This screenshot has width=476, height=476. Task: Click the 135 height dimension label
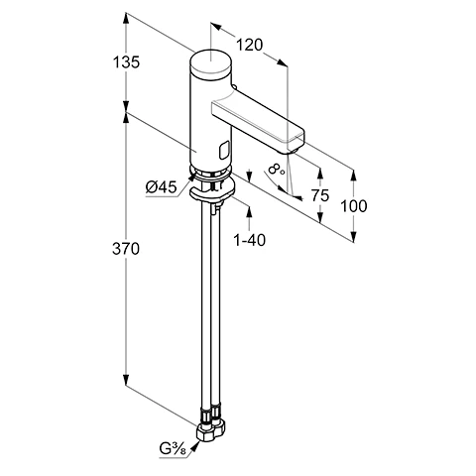pyautogui.click(x=126, y=62)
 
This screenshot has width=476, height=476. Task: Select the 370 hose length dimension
pyautogui.click(x=126, y=249)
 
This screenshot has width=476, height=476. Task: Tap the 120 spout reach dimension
pyautogui.click(x=249, y=45)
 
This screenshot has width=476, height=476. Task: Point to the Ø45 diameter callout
pyautogui.click(x=162, y=187)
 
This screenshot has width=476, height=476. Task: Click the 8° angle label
pyautogui.click(x=276, y=170)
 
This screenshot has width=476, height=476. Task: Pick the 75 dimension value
pyautogui.click(x=320, y=195)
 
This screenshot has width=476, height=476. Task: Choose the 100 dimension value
pyautogui.click(x=354, y=206)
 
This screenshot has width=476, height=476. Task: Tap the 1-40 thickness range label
pyautogui.click(x=250, y=240)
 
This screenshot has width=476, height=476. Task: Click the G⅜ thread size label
pyautogui.click(x=173, y=449)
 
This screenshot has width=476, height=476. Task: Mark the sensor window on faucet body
pyautogui.click(x=224, y=151)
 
